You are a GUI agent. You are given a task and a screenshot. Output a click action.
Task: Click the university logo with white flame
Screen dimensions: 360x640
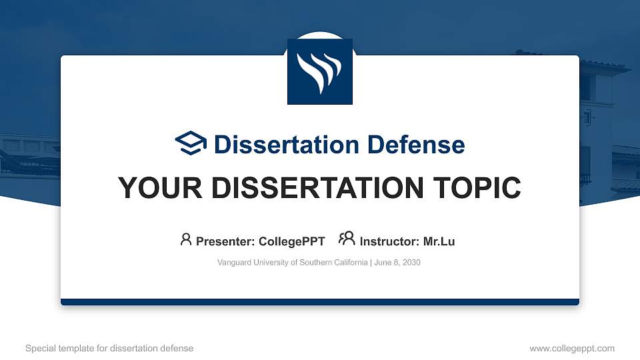coord(319,71)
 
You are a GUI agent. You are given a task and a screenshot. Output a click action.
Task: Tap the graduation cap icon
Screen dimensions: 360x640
coord(191,143)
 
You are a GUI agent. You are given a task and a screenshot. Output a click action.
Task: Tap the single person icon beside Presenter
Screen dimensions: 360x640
coord(186,240)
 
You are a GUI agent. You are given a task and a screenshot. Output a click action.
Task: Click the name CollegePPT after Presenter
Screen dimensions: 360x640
coord(292,241)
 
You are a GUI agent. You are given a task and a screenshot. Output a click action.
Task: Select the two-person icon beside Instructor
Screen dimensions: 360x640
coord(347,239)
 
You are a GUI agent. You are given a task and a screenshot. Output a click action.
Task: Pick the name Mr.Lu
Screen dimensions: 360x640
coord(439,241)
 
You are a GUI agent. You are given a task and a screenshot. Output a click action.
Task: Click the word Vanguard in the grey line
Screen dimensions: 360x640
coord(234,263)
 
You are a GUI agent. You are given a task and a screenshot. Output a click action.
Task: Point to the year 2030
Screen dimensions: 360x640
coord(411,263)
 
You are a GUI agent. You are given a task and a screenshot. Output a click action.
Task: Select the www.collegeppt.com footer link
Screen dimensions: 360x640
coord(572,348)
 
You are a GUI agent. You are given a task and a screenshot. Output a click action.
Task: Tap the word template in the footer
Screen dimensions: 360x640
coord(76,348)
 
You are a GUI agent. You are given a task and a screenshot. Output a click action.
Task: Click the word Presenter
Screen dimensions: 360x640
coord(220,241)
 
